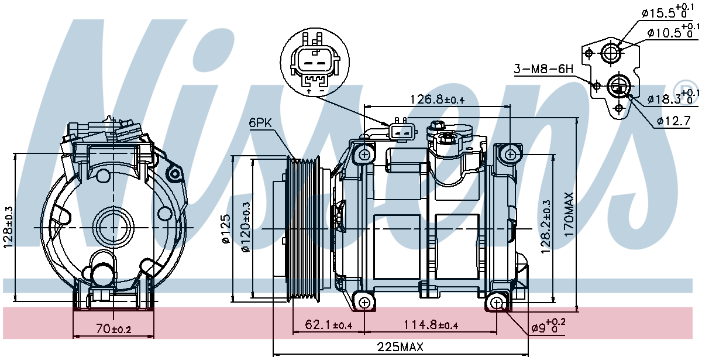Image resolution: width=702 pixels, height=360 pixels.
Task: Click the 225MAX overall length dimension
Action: (x=400, y=347)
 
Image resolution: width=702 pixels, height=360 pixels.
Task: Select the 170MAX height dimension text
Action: (x=569, y=214)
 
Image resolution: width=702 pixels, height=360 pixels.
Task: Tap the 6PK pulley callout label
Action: (x=260, y=122)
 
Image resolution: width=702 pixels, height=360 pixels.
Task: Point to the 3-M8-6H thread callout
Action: (x=543, y=68)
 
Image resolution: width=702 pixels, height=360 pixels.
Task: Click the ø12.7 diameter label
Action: (x=674, y=121)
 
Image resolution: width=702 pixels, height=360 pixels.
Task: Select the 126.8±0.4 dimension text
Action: (x=438, y=100)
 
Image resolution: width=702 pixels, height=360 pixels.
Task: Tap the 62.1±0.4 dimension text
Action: (x=328, y=325)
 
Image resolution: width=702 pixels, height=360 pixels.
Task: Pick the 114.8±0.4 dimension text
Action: (x=431, y=325)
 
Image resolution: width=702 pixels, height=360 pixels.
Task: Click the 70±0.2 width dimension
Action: (x=113, y=328)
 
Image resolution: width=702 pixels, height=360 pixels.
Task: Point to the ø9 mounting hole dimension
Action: (x=549, y=326)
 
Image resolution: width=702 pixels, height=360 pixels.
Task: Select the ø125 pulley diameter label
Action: (x=226, y=228)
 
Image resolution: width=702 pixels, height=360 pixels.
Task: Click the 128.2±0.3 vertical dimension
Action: (x=546, y=227)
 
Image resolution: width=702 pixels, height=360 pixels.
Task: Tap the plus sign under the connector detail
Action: (x=309, y=91)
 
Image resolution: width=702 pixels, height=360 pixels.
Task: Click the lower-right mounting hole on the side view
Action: (x=497, y=303)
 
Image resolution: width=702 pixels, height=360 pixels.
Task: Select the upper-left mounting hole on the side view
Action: (x=364, y=155)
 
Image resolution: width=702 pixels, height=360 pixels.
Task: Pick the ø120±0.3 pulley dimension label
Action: (x=246, y=227)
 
